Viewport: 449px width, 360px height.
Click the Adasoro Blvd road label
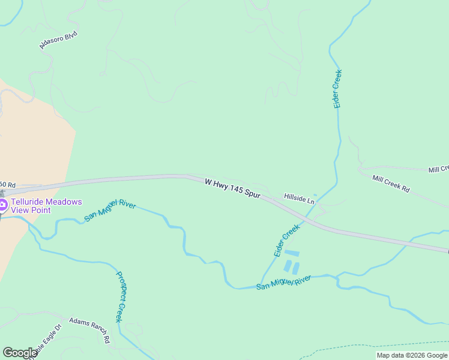tap(59, 40)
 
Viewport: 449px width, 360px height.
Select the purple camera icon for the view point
tap(3, 206)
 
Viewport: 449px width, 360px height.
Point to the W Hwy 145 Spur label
tap(232, 188)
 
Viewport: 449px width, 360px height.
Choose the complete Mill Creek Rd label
tap(391, 184)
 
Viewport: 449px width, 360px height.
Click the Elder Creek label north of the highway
tap(338, 89)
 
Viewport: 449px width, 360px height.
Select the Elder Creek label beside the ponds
tap(287, 241)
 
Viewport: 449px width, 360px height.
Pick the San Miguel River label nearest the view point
tap(110, 210)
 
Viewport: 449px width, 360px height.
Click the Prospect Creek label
tap(119, 296)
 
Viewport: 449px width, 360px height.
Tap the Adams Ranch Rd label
tap(90, 329)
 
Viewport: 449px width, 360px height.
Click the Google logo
tap(20, 353)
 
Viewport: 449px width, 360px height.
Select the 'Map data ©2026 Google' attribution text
tap(412, 355)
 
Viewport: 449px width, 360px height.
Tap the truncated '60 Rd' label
tap(7, 184)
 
